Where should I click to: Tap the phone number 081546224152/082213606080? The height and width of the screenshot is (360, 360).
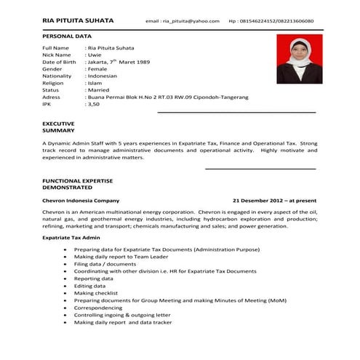tap(276, 22)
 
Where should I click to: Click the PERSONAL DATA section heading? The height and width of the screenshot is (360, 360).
tap(67, 35)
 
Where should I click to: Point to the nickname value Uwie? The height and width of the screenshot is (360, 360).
tap(95, 55)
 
